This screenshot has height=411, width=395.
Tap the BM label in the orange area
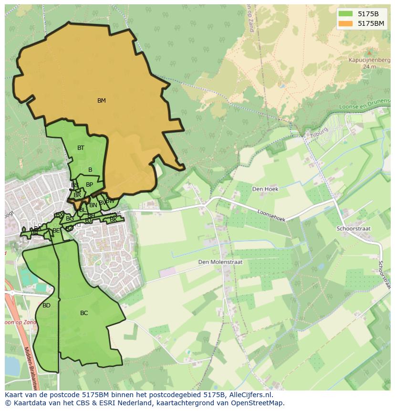click(x=101, y=101)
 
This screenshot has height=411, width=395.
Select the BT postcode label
click(x=81, y=148)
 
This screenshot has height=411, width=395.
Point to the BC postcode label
click(x=84, y=313)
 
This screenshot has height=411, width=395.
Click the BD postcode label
click(x=46, y=306)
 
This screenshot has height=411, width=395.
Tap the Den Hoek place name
click(x=265, y=189)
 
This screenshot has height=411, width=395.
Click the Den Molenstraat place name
click(x=220, y=262)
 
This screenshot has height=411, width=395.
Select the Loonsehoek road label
click(x=271, y=216)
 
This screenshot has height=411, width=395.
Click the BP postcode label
click(x=89, y=185)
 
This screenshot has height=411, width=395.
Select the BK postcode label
click(x=113, y=220)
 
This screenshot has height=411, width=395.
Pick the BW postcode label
click(x=110, y=201)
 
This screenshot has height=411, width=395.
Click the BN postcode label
click(x=93, y=205)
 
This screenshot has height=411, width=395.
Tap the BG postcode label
click(x=70, y=219)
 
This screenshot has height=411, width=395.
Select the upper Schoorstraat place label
click(x=353, y=229)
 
